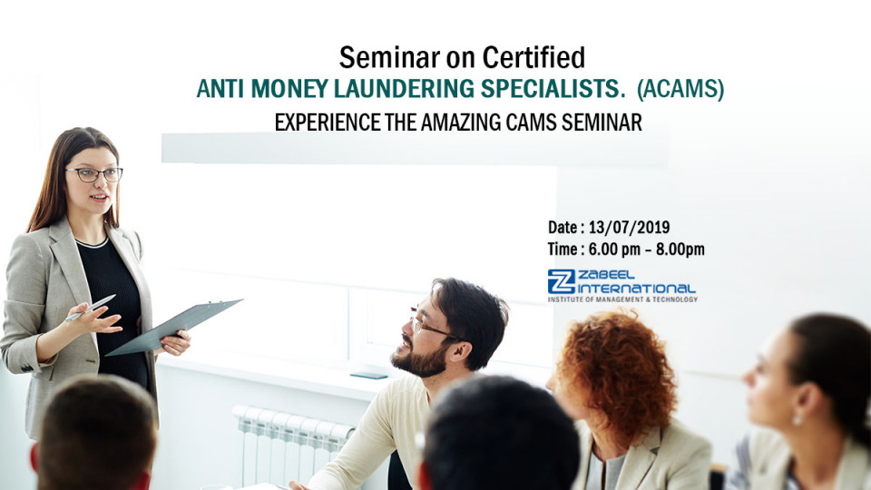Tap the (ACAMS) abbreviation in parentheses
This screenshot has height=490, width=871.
click(680, 90)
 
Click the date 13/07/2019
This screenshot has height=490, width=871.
click(634, 228)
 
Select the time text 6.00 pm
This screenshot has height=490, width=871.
click(616, 250)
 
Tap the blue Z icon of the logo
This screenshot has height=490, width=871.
click(561, 282)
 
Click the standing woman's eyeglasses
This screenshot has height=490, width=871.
click(93, 174)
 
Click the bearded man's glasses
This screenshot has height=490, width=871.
click(427, 325)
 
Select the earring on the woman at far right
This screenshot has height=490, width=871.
click(796, 420)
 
